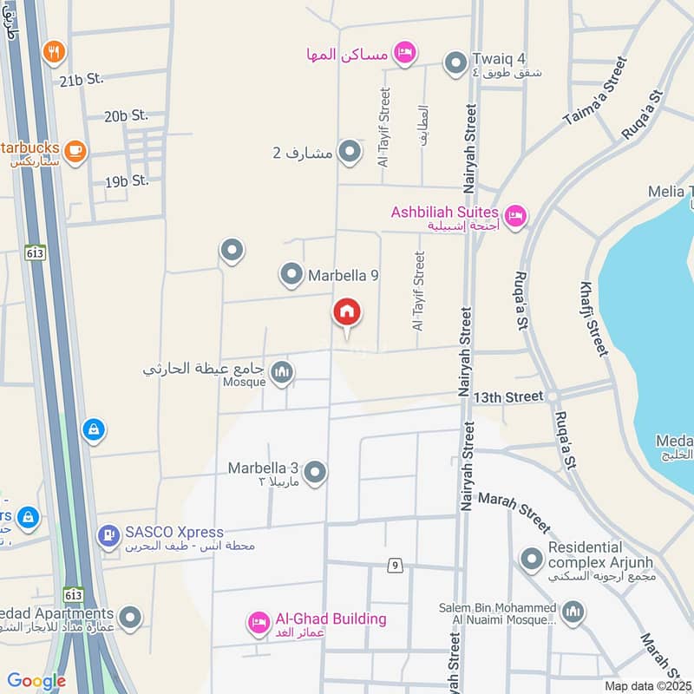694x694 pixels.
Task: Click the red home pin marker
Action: pos(347,314)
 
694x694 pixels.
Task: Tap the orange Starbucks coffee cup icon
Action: pos(75,150)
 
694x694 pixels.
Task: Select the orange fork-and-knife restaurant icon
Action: pos(54,52)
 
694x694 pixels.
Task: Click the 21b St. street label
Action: pos(82,79)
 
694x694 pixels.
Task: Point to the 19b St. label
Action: pos(127,181)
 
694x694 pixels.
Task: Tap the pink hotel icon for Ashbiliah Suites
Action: pos(515,214)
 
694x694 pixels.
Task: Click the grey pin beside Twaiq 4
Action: pos(455,62)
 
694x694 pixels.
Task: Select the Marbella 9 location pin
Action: pos(291,276)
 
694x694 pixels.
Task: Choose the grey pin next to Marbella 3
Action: pos(315,473)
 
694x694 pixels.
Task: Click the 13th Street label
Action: pos(508,396)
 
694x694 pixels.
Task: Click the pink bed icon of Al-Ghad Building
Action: pos(258,622)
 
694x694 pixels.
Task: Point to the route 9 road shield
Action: pos(396,566)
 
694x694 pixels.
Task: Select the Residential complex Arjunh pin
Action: pos(530,560)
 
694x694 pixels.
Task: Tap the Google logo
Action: pos(36,681)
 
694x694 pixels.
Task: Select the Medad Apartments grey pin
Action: pos(130,618)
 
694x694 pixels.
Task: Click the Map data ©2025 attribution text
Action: pos(647,685)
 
